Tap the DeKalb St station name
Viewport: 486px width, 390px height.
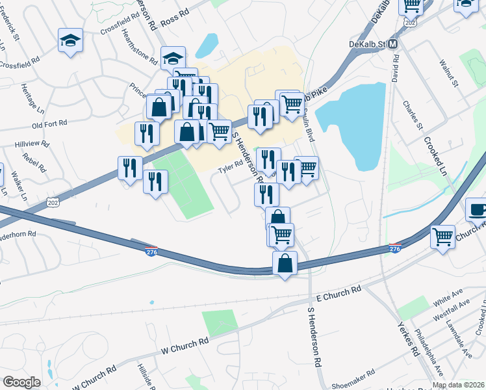click(x=367, y=44)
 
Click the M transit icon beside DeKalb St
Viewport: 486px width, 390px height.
click(x=392, y=44)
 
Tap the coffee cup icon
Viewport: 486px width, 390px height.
click(x=478, y=209)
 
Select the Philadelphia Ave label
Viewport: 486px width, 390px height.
click(x=431, y=352)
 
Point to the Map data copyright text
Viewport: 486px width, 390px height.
click(x=457, y=385)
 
